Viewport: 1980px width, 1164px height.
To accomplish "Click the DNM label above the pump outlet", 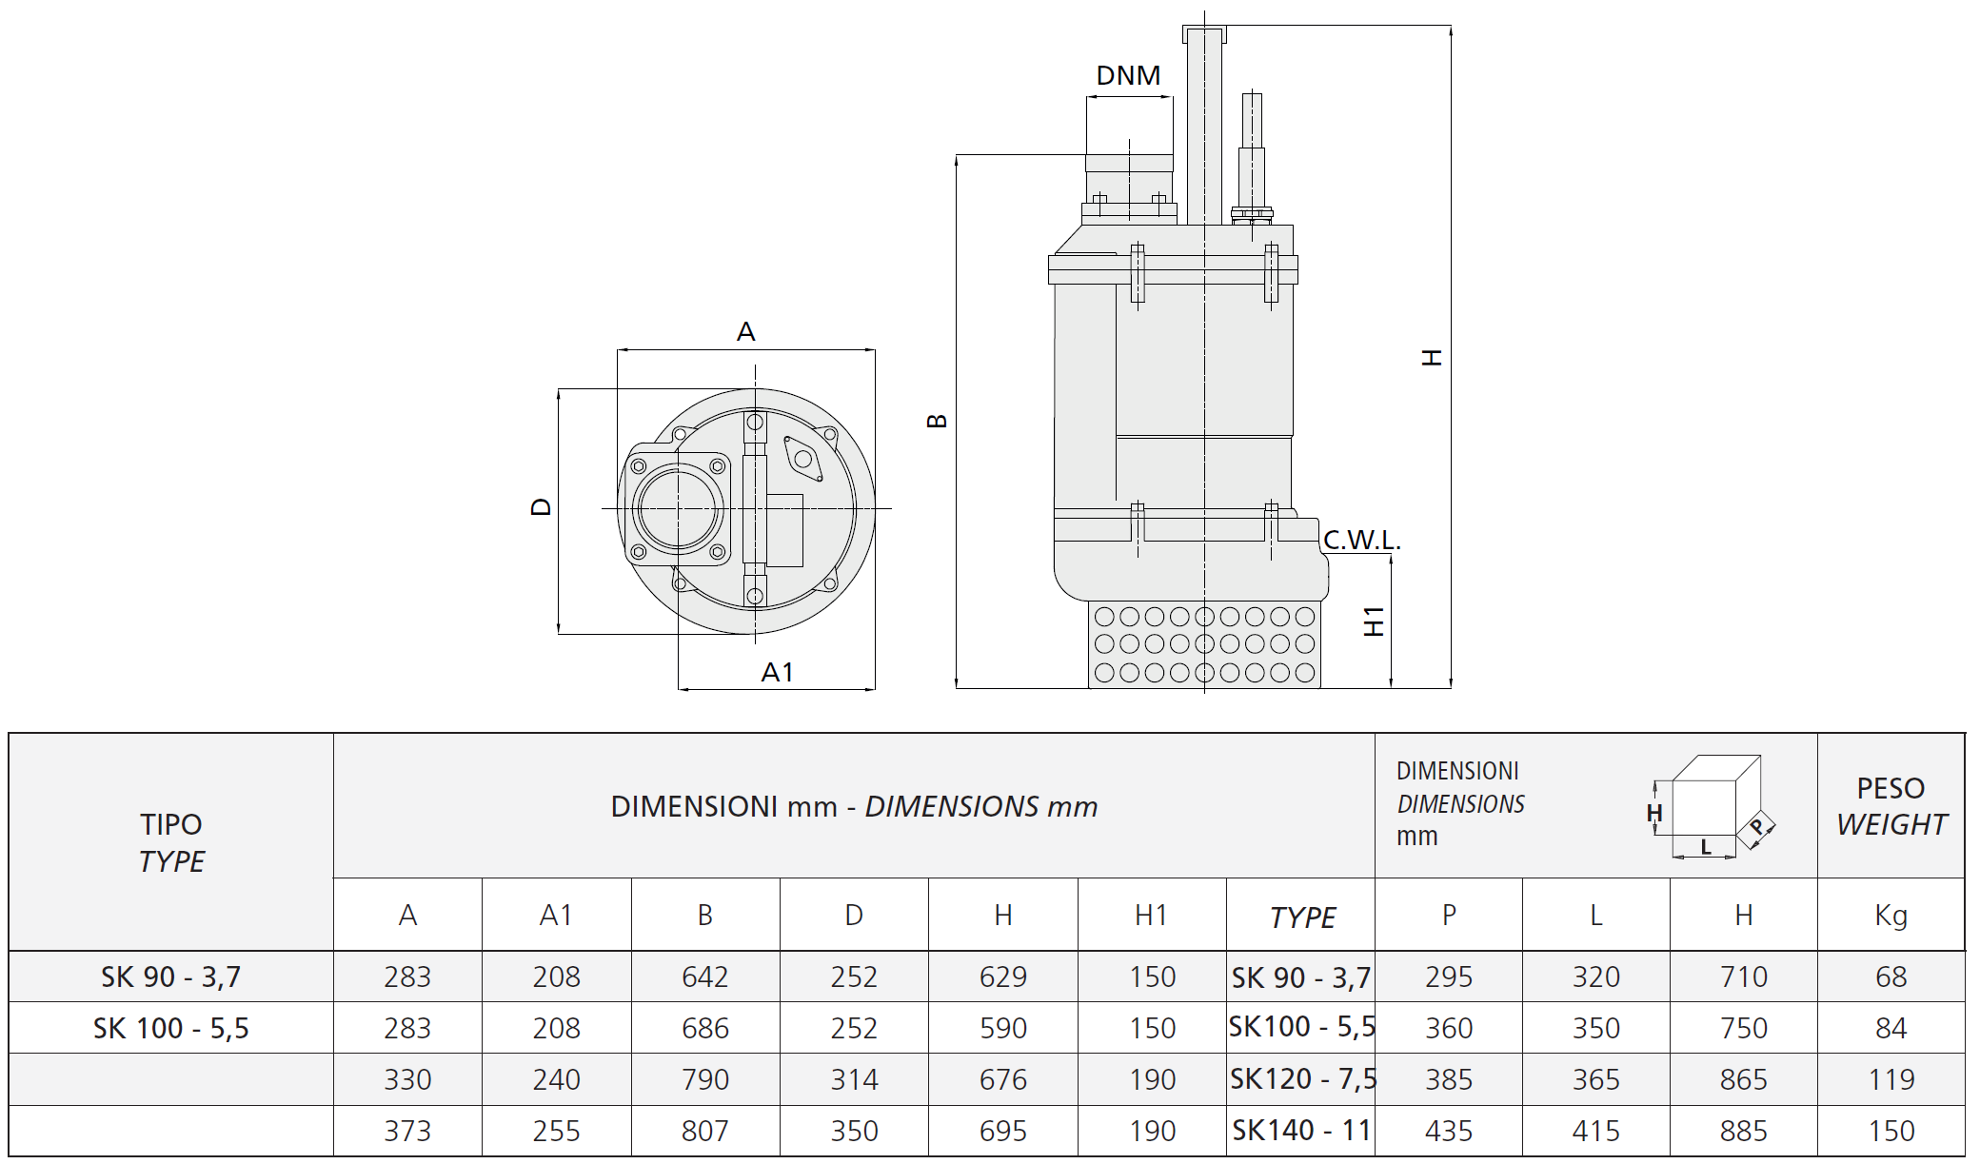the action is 1128,75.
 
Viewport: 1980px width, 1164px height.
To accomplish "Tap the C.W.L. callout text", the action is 1362,540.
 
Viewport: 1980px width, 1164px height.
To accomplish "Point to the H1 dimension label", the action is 1374,621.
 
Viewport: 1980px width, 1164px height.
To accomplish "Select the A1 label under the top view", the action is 777,672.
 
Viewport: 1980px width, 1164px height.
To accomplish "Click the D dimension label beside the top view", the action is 541,507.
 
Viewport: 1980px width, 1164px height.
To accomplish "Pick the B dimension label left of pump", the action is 937,421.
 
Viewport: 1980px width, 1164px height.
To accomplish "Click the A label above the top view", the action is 745,331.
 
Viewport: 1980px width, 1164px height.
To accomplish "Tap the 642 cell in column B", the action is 704,977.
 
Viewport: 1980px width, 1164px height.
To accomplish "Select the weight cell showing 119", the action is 1891,1079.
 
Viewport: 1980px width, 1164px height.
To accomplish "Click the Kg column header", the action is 1891,916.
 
